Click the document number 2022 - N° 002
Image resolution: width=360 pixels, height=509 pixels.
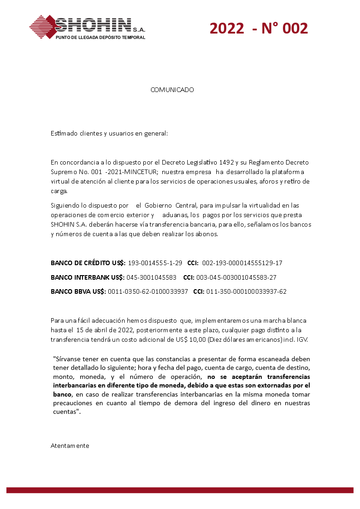tap(258, 28)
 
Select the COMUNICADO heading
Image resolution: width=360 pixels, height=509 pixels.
tap(172, 90)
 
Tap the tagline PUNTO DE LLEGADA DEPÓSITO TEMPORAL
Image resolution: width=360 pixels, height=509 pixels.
tap(100, 38)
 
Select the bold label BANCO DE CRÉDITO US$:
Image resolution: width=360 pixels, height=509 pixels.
tap(88, 263)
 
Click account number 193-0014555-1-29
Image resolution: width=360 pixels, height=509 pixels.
tap(155, 263)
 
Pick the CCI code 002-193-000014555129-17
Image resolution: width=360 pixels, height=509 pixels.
tap(242, 263)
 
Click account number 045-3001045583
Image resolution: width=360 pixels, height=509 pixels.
tap(151, 277)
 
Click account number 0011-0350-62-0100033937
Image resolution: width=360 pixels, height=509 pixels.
tap(148, 292)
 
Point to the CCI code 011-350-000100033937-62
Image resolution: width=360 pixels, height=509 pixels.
tap(246, 292)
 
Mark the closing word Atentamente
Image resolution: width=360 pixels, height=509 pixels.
tap(70, 446)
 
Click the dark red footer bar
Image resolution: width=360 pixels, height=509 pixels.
tap(180, 490)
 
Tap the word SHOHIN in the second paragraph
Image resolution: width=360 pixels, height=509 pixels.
tap(61, 225)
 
